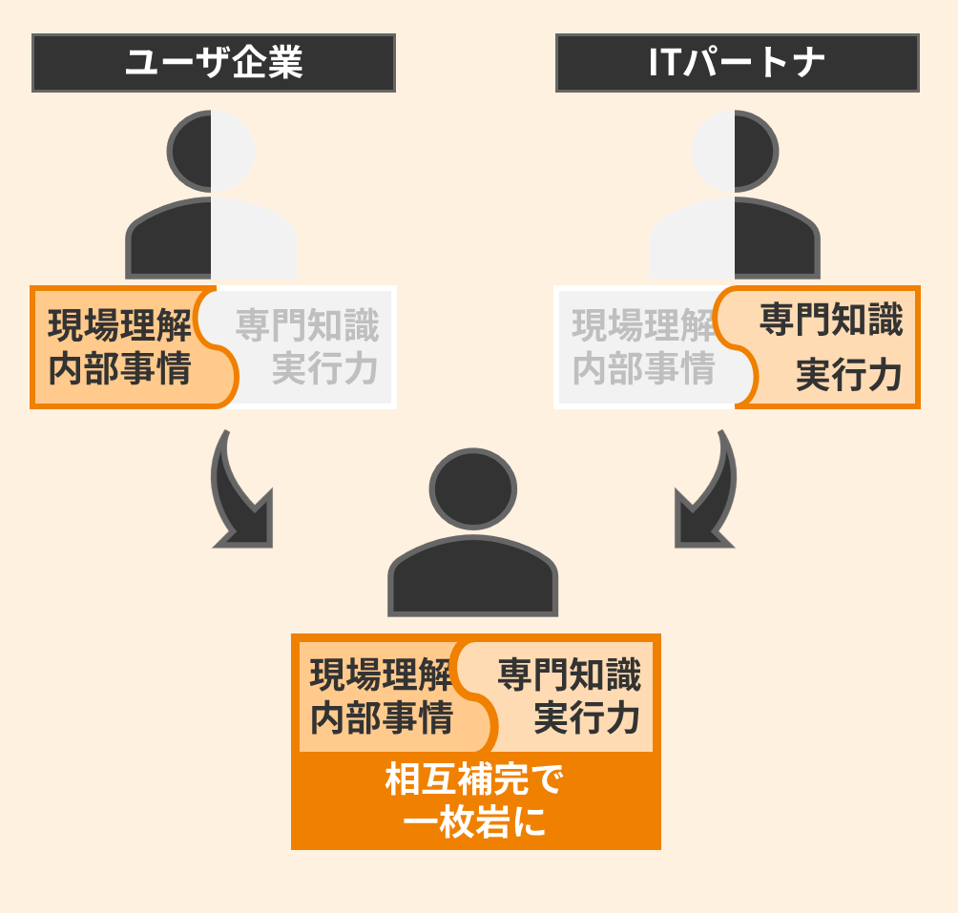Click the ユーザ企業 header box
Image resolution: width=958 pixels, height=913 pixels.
click(x=213, y=63)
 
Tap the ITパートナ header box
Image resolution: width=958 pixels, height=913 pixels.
click(x=737, y=63)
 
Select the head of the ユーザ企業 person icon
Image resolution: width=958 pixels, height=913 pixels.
click(x=211, y=152)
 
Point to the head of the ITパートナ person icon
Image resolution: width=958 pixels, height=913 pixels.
click(x=735, y=152)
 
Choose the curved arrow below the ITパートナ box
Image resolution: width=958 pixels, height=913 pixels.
click(x=707, y=496)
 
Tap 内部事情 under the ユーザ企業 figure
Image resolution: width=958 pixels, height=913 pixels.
click(x=120, y=369)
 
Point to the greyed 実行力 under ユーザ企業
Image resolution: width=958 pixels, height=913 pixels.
click(x=325, y=369)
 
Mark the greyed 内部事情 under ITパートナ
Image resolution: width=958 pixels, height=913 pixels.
click(x=644, y=369)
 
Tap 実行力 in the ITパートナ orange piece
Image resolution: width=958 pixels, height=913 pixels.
click(x=849, y=375)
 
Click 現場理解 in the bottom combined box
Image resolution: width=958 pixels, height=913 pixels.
click(x=382, y=675)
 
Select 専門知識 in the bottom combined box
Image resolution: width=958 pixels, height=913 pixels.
click(x=570, y=675)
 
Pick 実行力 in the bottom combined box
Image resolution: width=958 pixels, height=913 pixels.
click(x=587, y=718)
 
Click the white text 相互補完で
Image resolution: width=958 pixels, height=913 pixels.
click(x=474, y=780)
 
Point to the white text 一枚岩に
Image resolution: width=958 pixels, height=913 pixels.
click(x=474, y=821)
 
